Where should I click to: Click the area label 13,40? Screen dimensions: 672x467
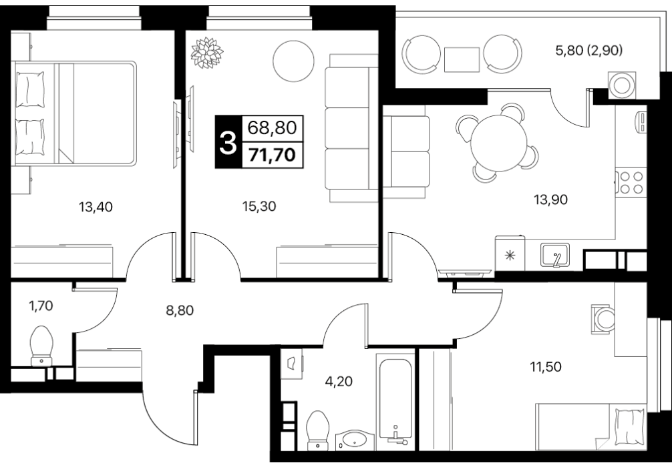click(96, 207)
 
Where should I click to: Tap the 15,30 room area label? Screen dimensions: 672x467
click(259, 206)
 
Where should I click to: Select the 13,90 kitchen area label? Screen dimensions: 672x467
click(550, 199)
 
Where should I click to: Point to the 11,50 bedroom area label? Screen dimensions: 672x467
click(546, 367)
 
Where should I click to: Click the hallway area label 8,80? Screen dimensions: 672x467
click(180, 310)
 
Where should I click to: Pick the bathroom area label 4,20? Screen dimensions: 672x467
click(339, 380)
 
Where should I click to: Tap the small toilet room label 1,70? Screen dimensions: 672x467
click(41, 306)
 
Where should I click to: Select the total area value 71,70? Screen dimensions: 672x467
click(273, 155)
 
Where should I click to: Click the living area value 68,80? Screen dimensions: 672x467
click(273, 127)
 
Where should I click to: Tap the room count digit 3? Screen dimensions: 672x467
click(228, 142)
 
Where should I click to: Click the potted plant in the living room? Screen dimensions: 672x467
click(207, 53)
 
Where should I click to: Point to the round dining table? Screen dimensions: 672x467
click(499, 143)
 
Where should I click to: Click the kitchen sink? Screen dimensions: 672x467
click(555, 255)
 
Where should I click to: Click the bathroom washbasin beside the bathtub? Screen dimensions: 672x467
click(355, 440)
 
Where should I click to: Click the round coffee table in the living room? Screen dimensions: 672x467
click(293, 61)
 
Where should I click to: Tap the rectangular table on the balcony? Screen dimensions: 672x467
click(462, 59)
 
